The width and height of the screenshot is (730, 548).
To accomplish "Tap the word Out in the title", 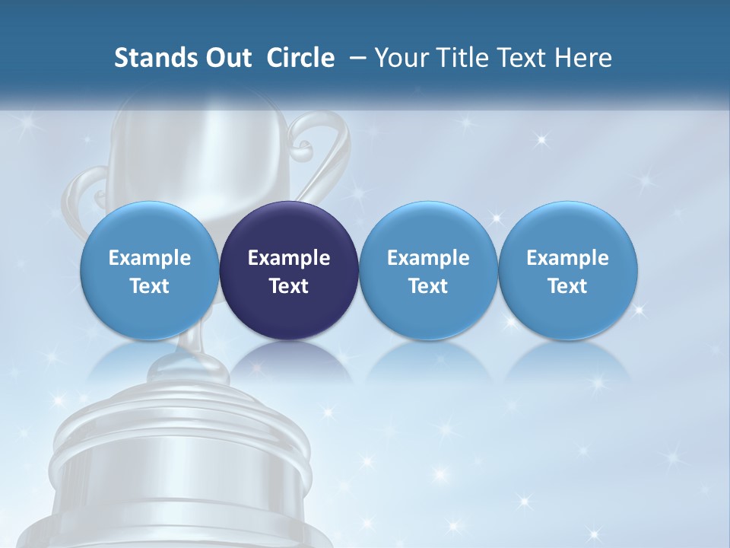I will (x=227, y=58).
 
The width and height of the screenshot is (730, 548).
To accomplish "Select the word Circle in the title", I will (x=300, y=58).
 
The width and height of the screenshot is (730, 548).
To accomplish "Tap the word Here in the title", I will (x=586, y=58).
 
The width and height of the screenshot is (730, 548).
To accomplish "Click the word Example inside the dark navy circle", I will (x=289, y=258).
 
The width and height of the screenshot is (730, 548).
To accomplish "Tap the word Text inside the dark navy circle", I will (x=289, y=286).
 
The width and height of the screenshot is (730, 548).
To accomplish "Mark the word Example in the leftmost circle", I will (x=149, y=258).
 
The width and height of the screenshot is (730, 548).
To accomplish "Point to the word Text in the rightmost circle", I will (x=568, y=286).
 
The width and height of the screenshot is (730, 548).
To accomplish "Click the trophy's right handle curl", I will (x=319, y=145).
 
